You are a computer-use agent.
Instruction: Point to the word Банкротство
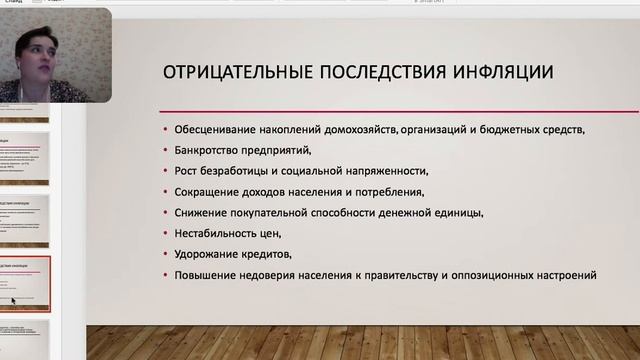207,150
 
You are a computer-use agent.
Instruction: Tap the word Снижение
197,213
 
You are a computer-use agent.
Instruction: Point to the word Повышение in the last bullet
206,274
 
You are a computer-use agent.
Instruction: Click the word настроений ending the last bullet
563,274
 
